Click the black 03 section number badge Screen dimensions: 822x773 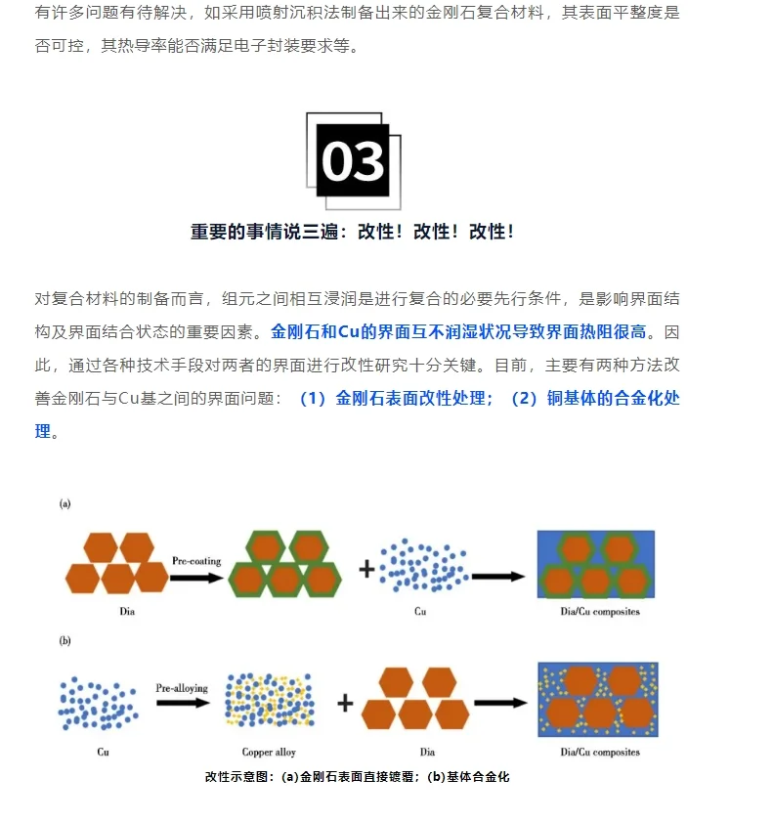pos(353,161)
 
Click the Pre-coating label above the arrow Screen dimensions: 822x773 pos(196,561)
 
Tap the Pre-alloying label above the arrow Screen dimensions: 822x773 pos(182,688)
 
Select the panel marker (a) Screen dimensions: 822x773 pos(65,503)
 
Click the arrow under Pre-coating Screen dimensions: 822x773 pos(197,577)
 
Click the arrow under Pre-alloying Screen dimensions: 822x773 pos(182,704)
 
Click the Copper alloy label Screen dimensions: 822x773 pos(269,752)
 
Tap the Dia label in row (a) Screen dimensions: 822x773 pos(116,612)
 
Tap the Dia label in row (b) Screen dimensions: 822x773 pos(427,752)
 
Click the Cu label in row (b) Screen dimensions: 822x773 pos(103,752)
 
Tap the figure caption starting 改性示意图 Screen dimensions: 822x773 pos(358,777)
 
